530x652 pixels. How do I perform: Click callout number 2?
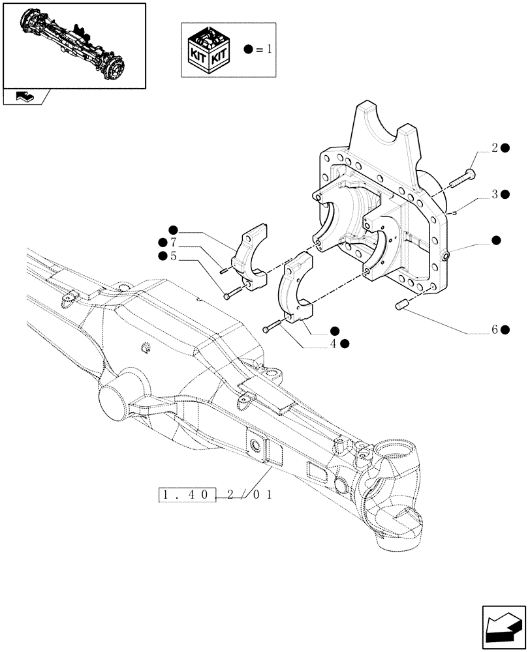pos(495,149)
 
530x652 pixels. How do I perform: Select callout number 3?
pos(495,194)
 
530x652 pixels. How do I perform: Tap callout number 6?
pos(495,330)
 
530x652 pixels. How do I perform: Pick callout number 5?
pos(173,257)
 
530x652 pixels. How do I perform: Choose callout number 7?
pos(173,243)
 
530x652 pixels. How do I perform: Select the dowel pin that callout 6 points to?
pos(403,304)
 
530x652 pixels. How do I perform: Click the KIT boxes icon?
pos(208,50)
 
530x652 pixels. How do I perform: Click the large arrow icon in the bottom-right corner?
pos(505,627)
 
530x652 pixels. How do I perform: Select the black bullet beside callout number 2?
pos(506,149)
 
